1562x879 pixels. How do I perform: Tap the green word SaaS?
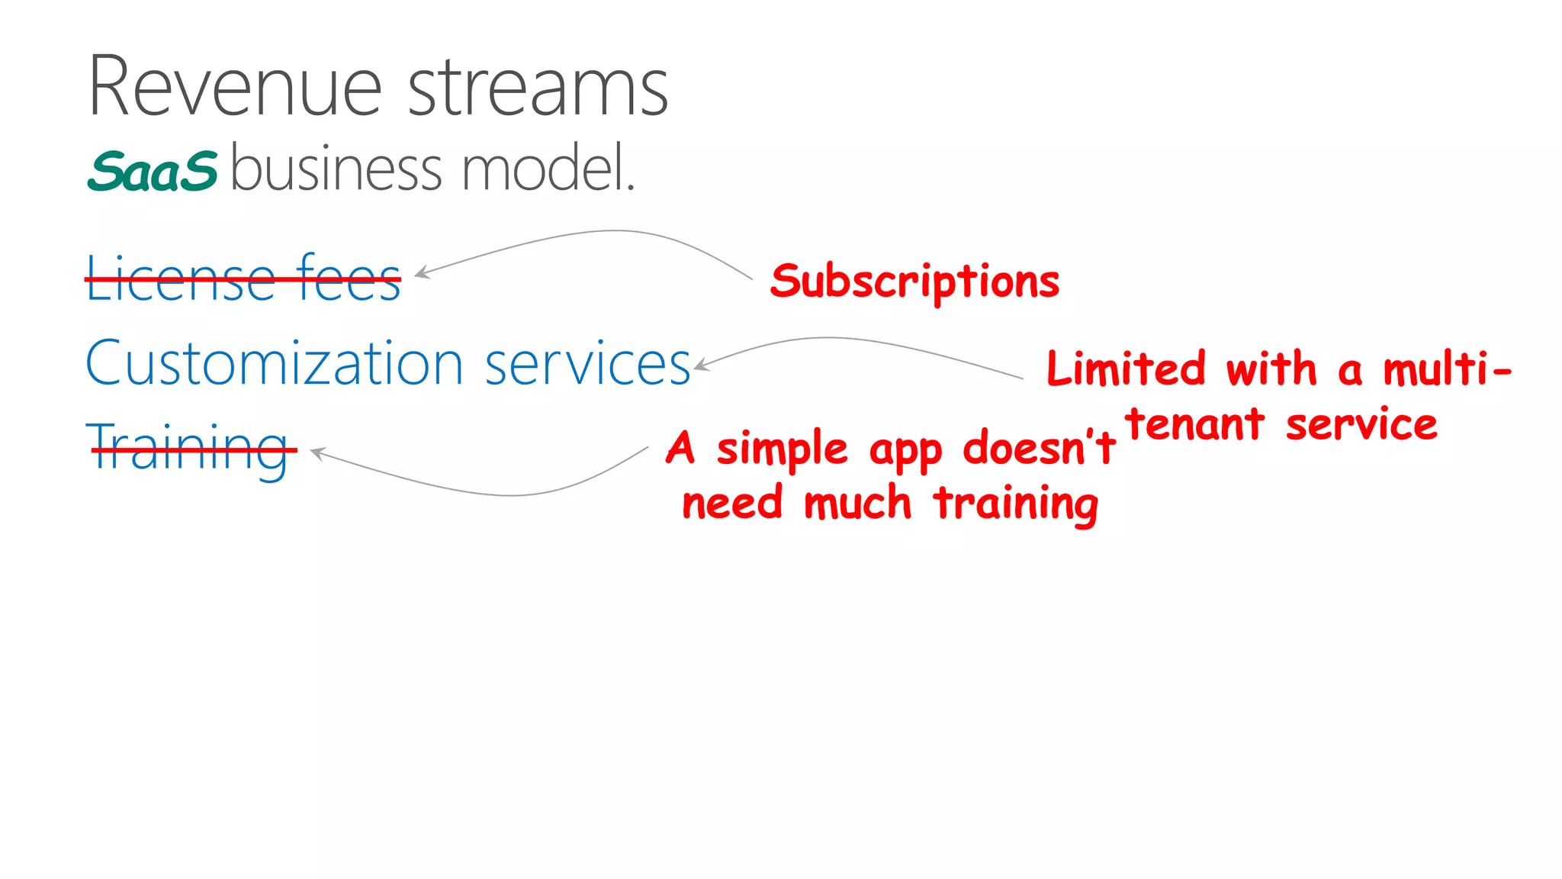tap(153, 171)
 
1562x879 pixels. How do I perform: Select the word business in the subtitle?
tap(336, 169)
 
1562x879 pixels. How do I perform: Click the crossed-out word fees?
tap(349, 279)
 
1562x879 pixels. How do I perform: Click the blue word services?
tap(587, 365)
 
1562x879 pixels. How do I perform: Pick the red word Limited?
tap(1126, 369)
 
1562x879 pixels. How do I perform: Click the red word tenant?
tap(1195, 425)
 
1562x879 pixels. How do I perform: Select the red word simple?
tap(782, 449)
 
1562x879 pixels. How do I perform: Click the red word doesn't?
tap(1039, 448)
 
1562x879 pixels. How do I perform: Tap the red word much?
tap(857, 504)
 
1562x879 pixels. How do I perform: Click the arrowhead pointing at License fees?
tap(420, 272)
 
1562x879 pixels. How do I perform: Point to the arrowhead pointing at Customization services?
tap(700, 365)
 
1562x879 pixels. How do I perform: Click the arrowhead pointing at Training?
tap(317, 453)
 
